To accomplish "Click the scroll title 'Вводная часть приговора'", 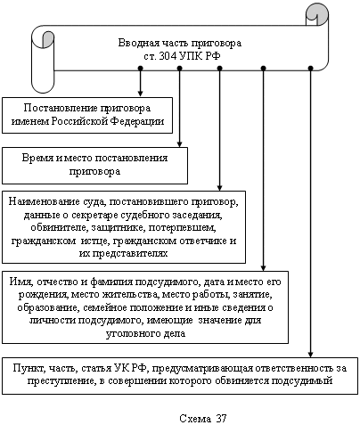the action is point(180,44).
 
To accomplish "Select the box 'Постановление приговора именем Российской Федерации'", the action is point(87,115).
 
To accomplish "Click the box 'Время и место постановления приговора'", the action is point(94,166).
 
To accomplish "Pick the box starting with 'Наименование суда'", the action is point(124,227).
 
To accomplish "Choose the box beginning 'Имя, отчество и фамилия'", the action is point(145,307).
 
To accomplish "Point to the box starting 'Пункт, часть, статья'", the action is point(180,376).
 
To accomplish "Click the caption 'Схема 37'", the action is point(203,419).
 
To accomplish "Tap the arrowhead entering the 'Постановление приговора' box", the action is point(141,94).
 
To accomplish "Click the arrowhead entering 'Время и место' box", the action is point(179,143).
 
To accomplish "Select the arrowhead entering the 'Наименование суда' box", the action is point(219,187).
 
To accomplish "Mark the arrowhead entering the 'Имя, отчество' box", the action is point(264,267).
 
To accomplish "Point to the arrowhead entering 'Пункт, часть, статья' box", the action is point(310,354).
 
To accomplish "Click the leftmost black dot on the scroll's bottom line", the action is point(141,69).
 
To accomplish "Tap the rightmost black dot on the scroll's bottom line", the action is point(310,69).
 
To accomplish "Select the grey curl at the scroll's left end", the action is point(48,39).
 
